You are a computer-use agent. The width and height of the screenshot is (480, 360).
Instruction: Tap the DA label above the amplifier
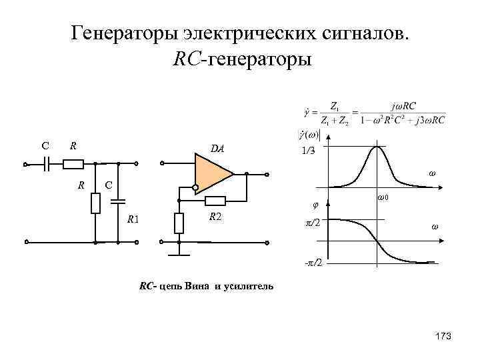[x=218, y=149]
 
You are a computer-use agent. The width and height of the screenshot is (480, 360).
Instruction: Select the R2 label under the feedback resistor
[x=216, y=216]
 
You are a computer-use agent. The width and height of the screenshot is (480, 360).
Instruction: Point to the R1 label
[x=133, y=219]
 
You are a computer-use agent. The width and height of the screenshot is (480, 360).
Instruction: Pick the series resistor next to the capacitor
[x=74, y=163]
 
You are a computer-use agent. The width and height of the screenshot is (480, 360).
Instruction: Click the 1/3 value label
[x=308, y=151]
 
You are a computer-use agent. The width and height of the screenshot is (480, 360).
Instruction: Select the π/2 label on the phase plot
[x=312, y=221]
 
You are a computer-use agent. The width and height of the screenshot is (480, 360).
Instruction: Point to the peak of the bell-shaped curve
[x=377, y=147]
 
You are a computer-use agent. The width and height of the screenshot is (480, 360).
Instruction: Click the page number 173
[x=442, y=336]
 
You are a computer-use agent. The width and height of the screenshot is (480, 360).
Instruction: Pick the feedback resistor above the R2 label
[x=215, y=201]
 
